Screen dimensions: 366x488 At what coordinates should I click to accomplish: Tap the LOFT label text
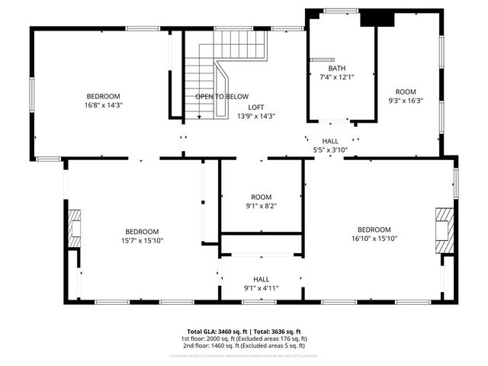(x=255, y=108)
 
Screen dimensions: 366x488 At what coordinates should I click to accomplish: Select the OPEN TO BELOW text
(x=222, y=97)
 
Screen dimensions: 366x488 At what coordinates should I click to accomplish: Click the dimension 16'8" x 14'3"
(x=103, y=105)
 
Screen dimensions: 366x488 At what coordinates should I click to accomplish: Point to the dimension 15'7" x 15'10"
(x=142, y=240)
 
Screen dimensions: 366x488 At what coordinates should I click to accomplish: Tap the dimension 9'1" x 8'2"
(x=262, y=205)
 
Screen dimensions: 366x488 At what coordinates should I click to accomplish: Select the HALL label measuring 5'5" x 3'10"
(x=330, y=141)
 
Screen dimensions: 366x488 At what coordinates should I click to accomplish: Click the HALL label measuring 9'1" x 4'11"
(x=262, y=279)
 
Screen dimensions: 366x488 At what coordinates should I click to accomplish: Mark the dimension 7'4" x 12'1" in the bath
(x=336, y=77)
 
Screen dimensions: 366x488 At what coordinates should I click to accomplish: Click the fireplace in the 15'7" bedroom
(x=74, y=229)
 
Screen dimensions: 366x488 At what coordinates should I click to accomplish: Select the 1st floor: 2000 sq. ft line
(x=243, y=339)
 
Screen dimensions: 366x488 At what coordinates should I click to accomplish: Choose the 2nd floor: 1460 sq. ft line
(x=243, y=345)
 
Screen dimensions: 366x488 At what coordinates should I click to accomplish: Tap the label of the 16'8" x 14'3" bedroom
(x=103, y=96)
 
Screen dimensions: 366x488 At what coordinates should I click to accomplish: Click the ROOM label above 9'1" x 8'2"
(x=262, y=196)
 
